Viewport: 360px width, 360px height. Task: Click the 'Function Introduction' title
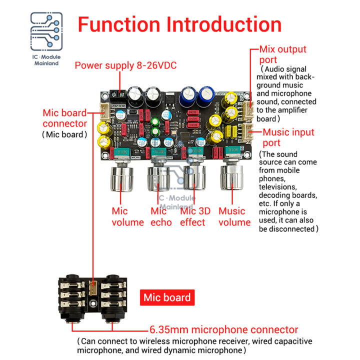179,24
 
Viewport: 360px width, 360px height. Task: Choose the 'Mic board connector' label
64,118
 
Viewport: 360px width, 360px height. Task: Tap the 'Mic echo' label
161,216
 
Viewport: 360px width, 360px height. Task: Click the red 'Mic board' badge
167,298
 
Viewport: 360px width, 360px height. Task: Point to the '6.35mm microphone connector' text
223,330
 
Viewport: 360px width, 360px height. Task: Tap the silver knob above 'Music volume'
232,178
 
